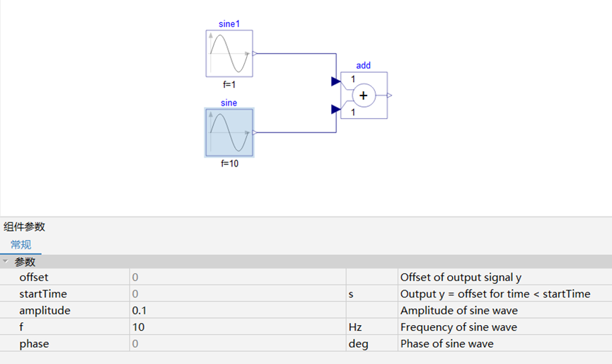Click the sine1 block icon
pos(229,54)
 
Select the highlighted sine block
pos(229,132)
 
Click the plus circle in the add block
pos(364,96)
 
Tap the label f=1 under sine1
pos(229,84)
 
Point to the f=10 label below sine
pos(229,164)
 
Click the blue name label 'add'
pos(364,65)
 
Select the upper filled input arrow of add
pos(335,81)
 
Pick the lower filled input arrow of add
pos(335,109)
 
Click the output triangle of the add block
pos(390,96)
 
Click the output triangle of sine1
pos(255,54)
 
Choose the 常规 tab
pos(21,245)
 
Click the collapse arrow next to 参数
pos(6,261)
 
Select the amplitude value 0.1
pos(139,310)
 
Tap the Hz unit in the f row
pos(355,327)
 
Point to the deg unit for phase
pos(358,344)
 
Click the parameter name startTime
pos(43,294)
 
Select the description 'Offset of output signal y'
pos(461,278)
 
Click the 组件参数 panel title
pos(25,227)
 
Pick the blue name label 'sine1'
pos(229,24)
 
